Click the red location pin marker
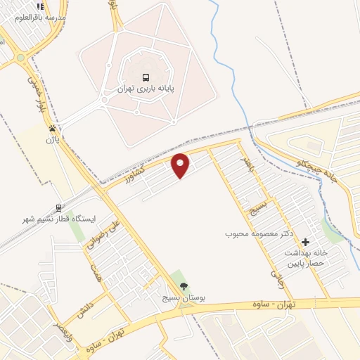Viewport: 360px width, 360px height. click(x=181, y=165)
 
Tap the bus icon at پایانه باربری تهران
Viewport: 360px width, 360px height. click(x=146, y=77)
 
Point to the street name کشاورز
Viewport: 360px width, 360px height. click(x=138, y=173)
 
